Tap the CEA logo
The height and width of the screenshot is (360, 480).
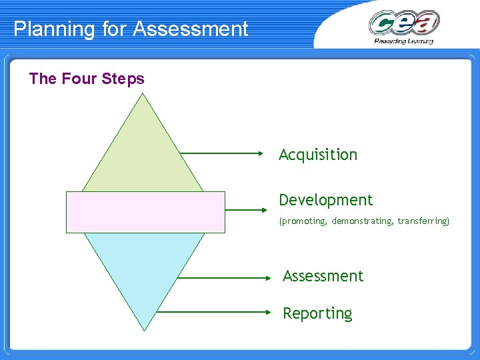[x=404, y=23]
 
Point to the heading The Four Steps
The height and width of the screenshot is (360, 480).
[x=87, y=79]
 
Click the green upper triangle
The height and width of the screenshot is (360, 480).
[x=142, y=150]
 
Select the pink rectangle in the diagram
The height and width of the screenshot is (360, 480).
[x=145, y=212]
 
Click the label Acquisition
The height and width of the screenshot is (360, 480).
[x=318, y=155]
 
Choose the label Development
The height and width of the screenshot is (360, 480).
[x=325, y=200]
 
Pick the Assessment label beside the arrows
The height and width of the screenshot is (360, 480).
[x=323, y=276]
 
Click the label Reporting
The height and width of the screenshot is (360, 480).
[x=317, y=313]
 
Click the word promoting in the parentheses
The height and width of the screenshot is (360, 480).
[x=303, y=221]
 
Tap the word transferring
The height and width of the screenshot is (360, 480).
[x=423, y=221]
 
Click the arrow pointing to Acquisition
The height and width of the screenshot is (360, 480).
[x=223, y=153]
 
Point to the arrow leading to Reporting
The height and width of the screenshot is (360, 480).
[x=213, y=311]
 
